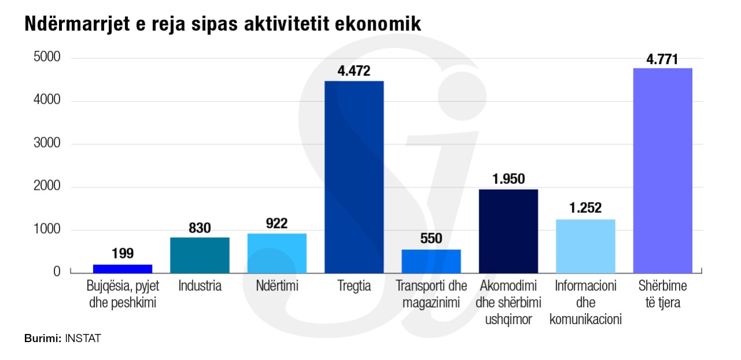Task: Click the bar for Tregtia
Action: pyautogui.click(x=354, y=177)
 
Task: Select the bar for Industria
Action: pyautogui.click(x=200, y=255)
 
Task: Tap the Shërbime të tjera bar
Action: pyautogui.click(x=663, y=171)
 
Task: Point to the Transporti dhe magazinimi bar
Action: pyautogui.click(x=431, y=261)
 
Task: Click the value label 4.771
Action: pyautogui.click(x=662, y=60)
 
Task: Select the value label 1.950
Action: pyautogui.click(x=508, y=179)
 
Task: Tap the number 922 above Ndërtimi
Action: pyautogui.click(x=277, y=223)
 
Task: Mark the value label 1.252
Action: pyautogui.click(x=585, y=208)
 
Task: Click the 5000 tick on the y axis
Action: pyautogui.click(x=47, y=58)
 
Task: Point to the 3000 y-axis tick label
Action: pyautogui.click(x=47, y=144)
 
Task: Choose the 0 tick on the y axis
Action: pyautogui.click(x=57, y=271)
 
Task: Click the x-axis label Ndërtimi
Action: pyautogui.click(x=277, y=286)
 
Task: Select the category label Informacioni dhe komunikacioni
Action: pyautogui.click(x=585, y=302)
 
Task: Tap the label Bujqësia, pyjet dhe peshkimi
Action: pyautogui.click(x=122, y=294)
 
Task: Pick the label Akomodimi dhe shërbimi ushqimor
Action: pyautogui.click(x=508, y=302)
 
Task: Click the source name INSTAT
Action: pyautogui.click(x=83, y=339)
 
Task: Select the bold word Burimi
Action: pyautogui.click(x=42, y=339)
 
